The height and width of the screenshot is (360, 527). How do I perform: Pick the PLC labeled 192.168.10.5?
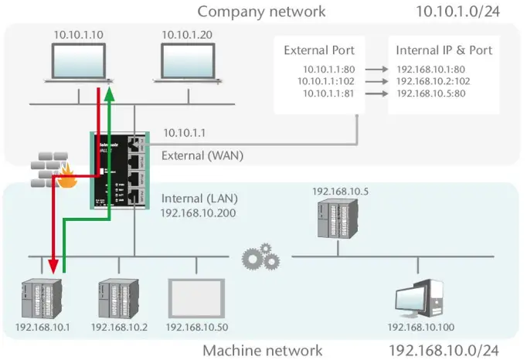pyautogui.click(x=335, y=219)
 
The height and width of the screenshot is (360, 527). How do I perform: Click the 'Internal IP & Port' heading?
pyautogui.click(x=443, y=51)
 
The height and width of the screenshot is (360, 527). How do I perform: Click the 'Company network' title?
pyautogui.click(x=261, y=12)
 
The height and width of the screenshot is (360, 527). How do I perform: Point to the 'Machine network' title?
pyautogui.click(x=262, y=351)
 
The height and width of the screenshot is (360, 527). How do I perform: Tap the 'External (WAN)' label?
pyautogui.click(x=202, y=155)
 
